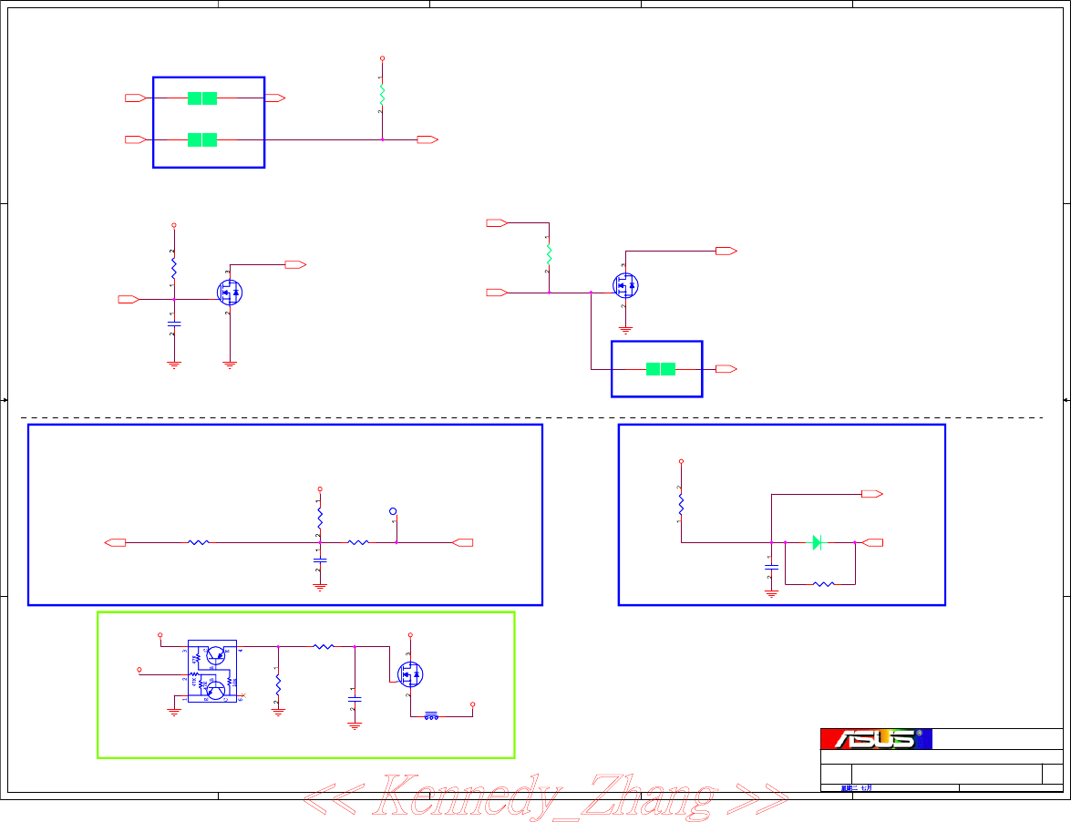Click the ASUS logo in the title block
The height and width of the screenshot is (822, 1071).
(x=875, y=739)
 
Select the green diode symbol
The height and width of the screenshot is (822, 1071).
(x=818, y=542)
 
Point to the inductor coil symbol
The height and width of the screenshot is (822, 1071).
(x=431, y=717)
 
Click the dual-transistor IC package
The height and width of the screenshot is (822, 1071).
(x=212, y=671)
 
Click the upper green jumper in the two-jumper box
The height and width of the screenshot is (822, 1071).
(x=202, y=98)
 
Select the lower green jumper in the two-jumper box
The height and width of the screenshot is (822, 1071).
(x=202, y=139)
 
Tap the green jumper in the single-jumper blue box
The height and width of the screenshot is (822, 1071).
(x=661, y=369)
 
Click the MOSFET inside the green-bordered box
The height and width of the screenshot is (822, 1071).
(x=410, y=674)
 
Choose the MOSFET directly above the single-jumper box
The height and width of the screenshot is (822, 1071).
(x=625, y=285)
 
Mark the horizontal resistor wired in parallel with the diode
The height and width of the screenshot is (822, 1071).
(x=822, y=583)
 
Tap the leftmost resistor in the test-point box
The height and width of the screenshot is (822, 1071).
(x=199, y=543)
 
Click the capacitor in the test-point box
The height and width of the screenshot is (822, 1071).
(x=320, y=560)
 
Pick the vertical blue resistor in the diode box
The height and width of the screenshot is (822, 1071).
(x=681, y=504)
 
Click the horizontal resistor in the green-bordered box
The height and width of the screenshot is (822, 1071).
(x=324, y=646)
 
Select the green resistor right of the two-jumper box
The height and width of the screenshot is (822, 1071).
(x=382, y=94)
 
